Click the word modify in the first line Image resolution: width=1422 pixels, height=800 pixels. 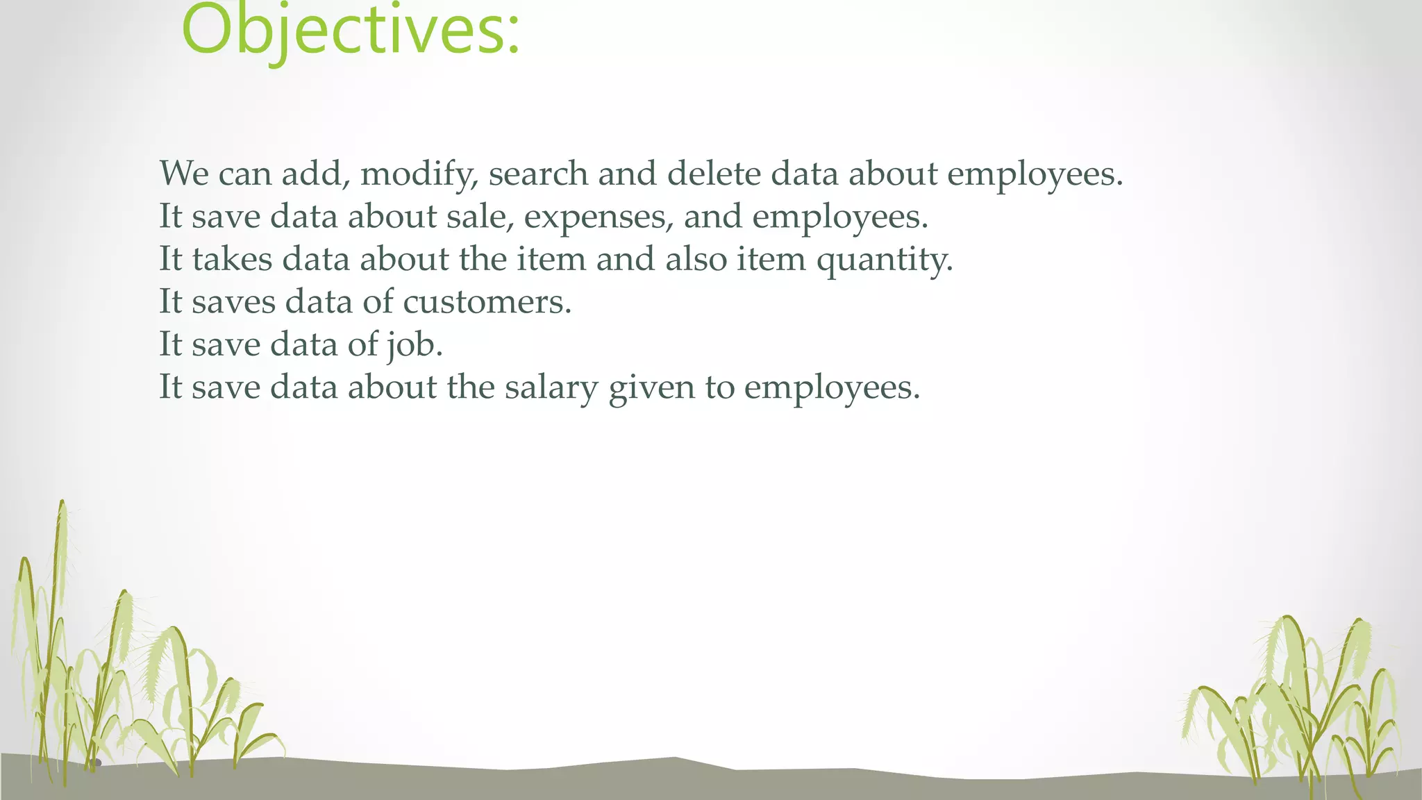419,174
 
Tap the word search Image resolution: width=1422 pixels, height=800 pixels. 538,174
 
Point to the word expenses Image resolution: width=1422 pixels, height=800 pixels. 598,217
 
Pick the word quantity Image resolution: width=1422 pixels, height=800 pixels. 884,260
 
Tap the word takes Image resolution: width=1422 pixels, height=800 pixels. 232,259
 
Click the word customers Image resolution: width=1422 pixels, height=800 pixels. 487,302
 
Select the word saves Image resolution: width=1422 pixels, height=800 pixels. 233,302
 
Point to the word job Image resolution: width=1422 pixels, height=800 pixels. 415,345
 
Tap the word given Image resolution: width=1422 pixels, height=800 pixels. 651,387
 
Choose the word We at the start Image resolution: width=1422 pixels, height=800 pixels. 184,174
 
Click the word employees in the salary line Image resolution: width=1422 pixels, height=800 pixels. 831,387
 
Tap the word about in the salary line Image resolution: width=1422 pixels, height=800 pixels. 392,387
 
